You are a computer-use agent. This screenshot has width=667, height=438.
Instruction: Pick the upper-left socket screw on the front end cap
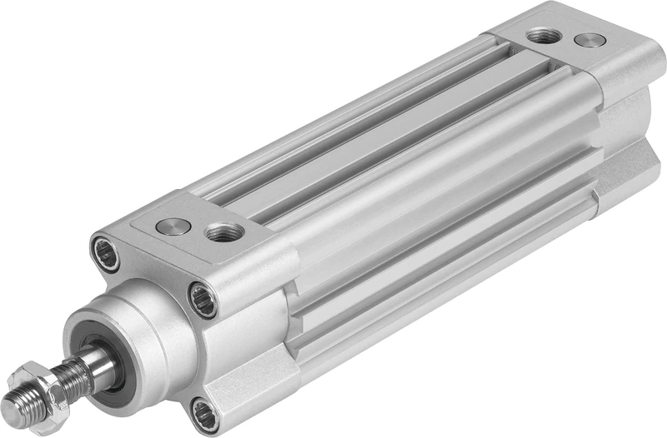click(106, 253)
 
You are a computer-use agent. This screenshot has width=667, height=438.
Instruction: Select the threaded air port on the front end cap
click(224, 232)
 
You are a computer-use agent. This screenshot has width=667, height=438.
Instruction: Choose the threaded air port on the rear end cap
click(544, 36)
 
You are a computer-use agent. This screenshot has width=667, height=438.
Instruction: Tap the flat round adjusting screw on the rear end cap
click(590, 39)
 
